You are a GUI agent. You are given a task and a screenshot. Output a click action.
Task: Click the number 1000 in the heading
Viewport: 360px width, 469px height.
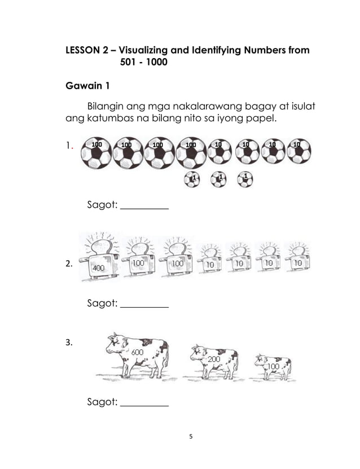156,63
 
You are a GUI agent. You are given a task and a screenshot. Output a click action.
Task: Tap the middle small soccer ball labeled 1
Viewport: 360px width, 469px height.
218,179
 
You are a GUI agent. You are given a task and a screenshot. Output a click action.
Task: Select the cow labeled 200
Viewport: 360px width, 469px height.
214,362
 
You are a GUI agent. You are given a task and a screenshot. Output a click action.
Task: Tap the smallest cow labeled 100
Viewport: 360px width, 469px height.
273,367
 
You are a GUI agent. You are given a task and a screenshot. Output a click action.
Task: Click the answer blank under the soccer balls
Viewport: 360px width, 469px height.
145,208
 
